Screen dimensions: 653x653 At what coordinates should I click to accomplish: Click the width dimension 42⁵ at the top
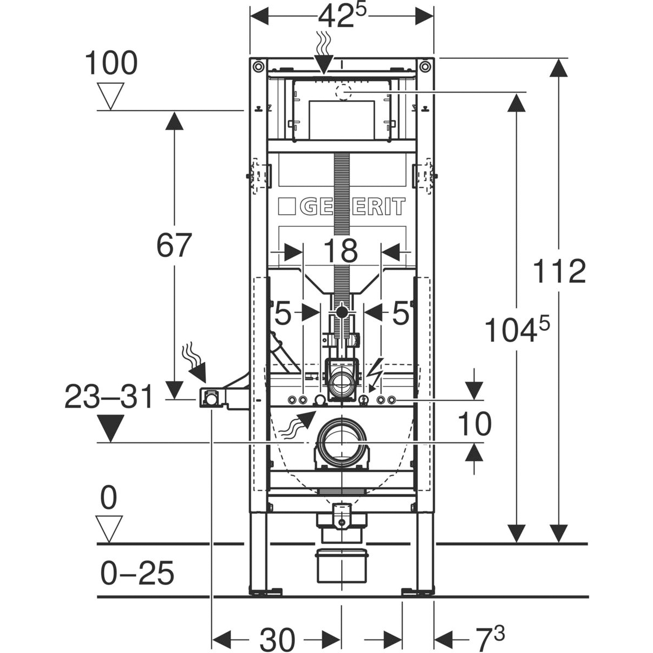click(342, 17)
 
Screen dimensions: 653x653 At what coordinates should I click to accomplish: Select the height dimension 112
click(559, 272)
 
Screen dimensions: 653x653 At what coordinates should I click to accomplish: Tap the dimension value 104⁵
click(517, 329)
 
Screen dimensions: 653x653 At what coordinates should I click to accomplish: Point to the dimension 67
click(174, 245)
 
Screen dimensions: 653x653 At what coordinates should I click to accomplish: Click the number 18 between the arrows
click(341, 250)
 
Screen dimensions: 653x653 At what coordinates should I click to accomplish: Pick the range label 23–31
click(109, 397)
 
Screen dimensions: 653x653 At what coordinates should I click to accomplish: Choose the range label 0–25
click(137, 573)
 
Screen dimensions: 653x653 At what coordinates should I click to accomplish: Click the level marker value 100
click(111, 63)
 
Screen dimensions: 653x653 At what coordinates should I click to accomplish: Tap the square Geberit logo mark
click(287, 206)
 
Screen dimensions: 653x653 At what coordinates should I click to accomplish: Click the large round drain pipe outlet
click(342, 442)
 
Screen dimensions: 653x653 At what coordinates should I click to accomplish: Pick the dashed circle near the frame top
click(343, 92)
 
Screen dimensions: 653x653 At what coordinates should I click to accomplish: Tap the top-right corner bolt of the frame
click(425, 66)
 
